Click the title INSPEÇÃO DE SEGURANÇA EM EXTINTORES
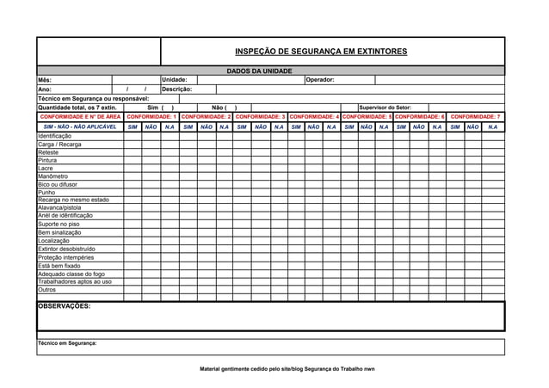321,52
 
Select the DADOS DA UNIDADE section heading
259,71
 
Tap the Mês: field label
45,80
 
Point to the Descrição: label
177,89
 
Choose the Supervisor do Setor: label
385,108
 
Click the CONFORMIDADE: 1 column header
151,116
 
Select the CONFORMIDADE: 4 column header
314,116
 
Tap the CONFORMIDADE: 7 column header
476,116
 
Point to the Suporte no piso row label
59,225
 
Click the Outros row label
46,290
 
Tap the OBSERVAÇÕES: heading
64,305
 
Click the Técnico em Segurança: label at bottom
67,342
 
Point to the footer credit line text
287,368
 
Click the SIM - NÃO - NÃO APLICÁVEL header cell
80,126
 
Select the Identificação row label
54,136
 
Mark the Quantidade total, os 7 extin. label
77,108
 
